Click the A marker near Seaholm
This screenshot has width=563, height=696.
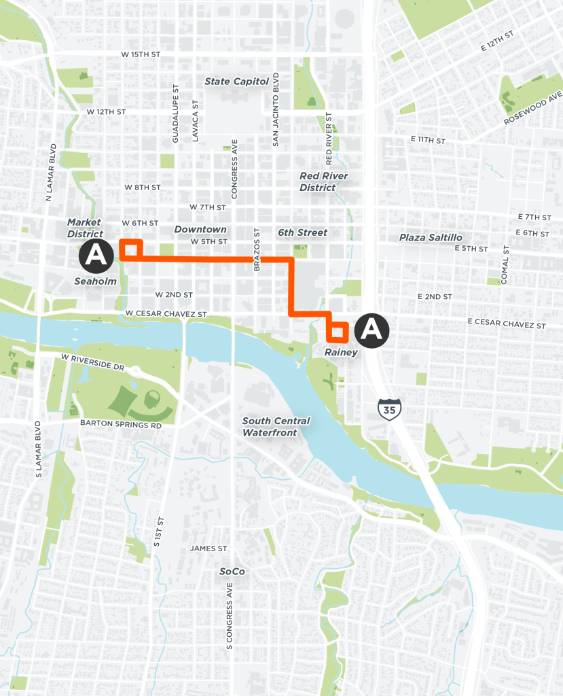[96, 256]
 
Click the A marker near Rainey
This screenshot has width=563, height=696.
[371, 329]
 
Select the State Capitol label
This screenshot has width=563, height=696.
[237, 82]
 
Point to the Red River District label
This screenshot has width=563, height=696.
[324, 181]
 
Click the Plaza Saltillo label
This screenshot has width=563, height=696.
[431, 237]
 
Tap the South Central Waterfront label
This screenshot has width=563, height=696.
[276, 426]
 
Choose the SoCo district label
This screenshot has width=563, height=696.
[232, 572]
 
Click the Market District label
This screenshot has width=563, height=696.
[84, 228]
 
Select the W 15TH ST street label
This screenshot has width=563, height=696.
[141, 54]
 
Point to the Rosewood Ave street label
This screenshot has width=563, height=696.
[533, 109]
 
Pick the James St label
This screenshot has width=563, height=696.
[208, 549]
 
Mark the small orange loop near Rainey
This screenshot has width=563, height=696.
[338, 331]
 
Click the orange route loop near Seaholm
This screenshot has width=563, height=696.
[131, 249]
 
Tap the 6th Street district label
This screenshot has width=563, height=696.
[302, 232]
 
